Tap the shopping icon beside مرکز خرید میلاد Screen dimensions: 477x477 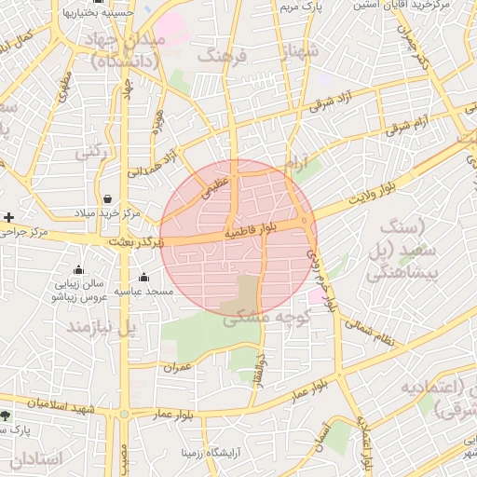click(x=109, y=198)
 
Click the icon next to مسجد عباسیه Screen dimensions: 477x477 click(x=143, y=277)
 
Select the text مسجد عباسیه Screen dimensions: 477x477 click(x=144, y=292)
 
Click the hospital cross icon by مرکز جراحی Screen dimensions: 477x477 click(x=8, y=217)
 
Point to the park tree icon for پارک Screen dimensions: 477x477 click(x=7, y=415)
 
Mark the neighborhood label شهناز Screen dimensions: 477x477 click(x=300, y=49)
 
